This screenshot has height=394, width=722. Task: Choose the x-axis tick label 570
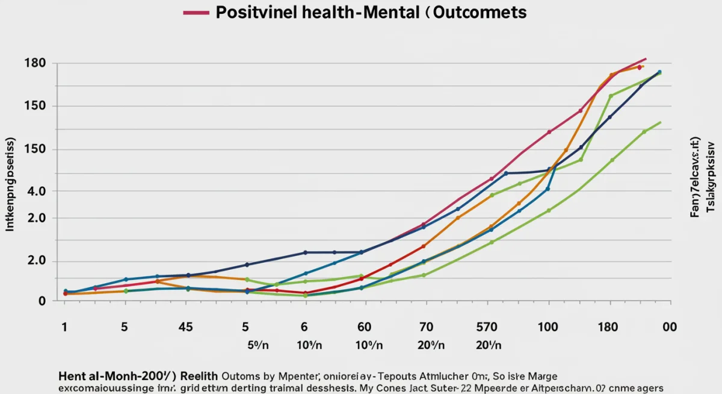point(486,327)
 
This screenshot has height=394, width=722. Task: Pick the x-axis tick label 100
point(548,327)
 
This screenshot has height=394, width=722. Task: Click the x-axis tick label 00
point(669,327)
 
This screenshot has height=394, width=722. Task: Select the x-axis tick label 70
point(425,327)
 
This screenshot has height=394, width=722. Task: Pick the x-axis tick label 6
point(304,327)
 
